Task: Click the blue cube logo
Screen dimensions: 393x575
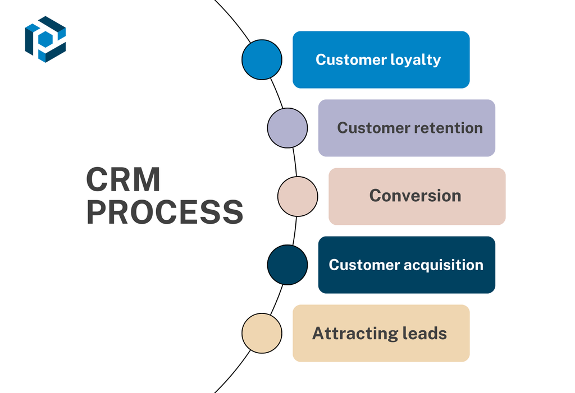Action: (45, 39)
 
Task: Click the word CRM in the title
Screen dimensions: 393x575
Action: (123, 180)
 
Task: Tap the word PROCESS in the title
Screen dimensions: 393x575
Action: (165, 212)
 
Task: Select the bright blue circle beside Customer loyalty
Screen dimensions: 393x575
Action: (262, 59)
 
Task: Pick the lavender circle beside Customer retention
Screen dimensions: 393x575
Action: (287, 128)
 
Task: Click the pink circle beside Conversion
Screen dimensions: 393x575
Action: (298, 196)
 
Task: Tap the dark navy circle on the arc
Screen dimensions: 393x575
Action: (287, 265)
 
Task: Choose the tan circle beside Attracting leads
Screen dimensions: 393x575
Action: (262, 333)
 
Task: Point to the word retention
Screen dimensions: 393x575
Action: (448, 128)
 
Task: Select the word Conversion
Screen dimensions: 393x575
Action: (415, 196)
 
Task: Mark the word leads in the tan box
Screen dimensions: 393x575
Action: (425, 333)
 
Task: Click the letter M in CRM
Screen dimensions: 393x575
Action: (145, 180)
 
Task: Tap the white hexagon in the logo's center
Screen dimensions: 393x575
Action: (45, 39)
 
